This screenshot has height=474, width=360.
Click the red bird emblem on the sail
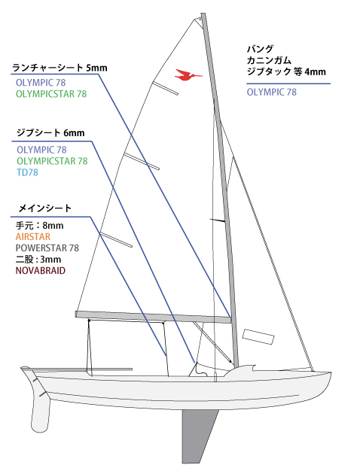188,74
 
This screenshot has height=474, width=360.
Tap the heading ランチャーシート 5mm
59,68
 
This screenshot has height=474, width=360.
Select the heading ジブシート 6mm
50,132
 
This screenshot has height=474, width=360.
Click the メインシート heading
45,208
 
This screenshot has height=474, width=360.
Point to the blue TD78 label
28,172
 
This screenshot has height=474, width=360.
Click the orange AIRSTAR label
33,237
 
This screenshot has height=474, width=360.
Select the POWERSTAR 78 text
47,248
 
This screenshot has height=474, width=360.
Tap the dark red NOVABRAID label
41,270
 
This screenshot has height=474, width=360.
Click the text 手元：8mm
40,226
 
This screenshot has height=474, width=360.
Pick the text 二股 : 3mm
38,260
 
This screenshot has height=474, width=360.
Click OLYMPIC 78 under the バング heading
272,92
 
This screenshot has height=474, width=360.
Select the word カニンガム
269,60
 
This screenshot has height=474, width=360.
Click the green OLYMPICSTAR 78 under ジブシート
52,161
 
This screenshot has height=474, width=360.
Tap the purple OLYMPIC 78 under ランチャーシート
41,83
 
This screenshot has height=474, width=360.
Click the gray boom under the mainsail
153,317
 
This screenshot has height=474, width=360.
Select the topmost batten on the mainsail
165,88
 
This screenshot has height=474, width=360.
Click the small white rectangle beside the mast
258,336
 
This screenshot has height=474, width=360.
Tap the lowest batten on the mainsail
116,240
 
